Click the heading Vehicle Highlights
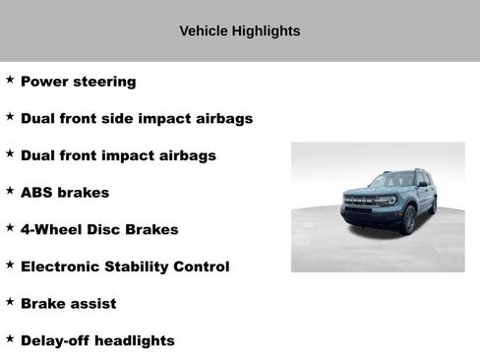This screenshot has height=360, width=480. (x=239, y=31)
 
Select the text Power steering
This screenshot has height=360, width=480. (x=78, y=82)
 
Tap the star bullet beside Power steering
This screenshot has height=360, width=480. (x=10, y=79)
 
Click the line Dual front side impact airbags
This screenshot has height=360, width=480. (x=136, y=119)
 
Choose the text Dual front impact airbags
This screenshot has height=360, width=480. (x=118, y=155)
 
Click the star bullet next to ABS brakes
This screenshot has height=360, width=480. (x=10, y=190)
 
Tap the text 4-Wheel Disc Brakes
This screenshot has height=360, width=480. (x=99, y=229)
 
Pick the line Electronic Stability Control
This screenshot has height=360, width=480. (x=125, y=267)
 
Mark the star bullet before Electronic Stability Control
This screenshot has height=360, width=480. (x=10, y=264)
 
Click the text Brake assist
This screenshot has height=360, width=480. (x=68, y=304)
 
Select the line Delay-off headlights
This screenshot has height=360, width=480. (x=97, y=340)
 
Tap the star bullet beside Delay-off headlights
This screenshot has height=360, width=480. (x=10, y=337)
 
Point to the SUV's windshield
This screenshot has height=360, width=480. (x=390, y=181)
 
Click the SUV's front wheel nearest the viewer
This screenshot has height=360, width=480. (x=408, y=220)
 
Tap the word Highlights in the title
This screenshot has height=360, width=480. (x=266, y=31)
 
